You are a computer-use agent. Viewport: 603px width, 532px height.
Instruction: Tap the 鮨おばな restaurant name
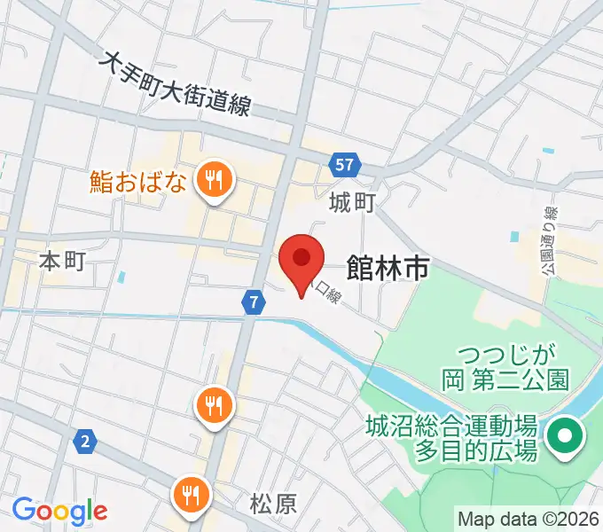click(139, 182)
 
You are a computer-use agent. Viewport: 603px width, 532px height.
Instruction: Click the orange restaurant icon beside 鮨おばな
click(214, 181)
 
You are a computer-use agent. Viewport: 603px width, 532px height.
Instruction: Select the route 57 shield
click(346, 164)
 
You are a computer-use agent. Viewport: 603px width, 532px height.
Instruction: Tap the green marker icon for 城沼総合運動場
click(564, 437)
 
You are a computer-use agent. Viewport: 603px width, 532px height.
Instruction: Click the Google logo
click(59, 510)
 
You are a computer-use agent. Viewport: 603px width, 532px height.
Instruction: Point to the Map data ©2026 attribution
click(529, 518)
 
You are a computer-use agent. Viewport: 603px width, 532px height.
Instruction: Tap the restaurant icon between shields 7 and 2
click(214, 406)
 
